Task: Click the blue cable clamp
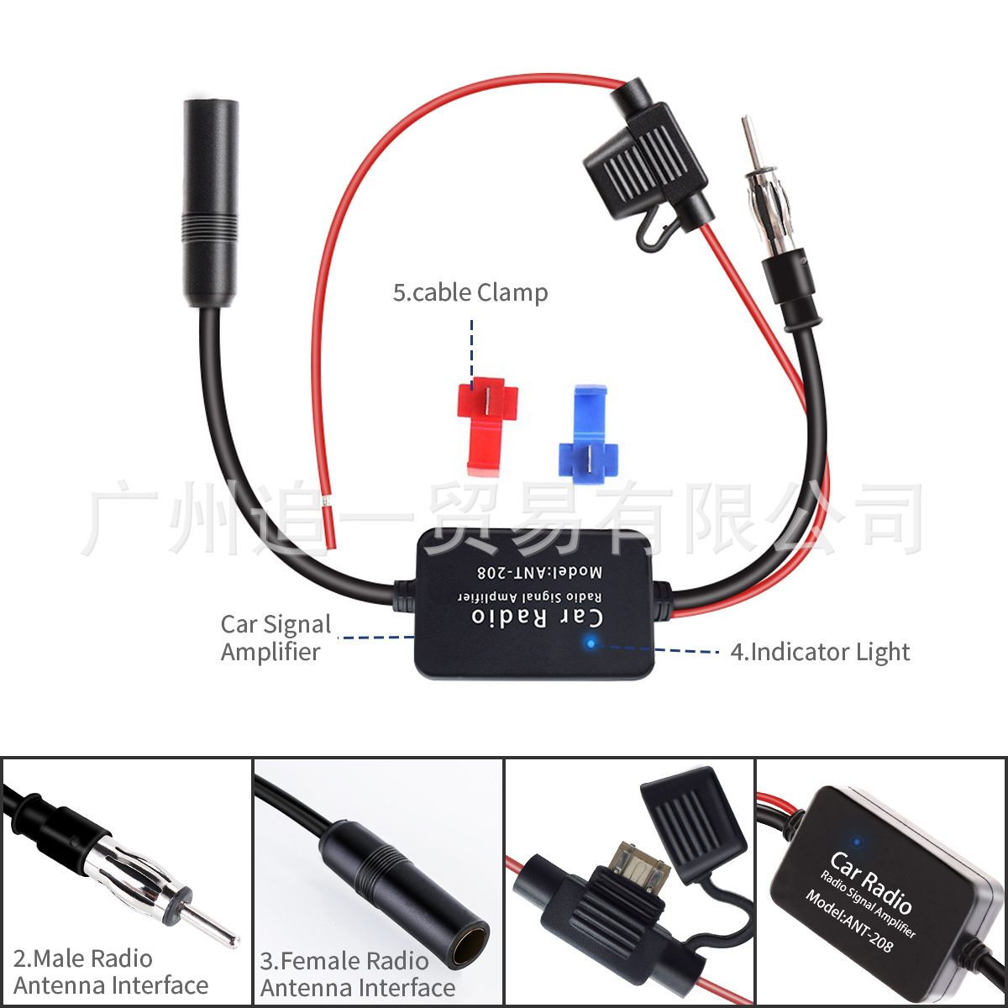pos(587,433)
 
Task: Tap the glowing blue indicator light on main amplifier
pos(591,643)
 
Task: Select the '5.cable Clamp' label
pos(470,293)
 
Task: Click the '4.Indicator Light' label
pos(820,652)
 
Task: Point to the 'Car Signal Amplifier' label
pos(275,638)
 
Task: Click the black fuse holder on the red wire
pos(644,159)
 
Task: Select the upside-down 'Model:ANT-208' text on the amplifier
pos(539,572)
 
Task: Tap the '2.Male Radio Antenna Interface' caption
pos(110,972)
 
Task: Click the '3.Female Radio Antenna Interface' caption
pos(358,974)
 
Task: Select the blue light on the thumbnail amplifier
pos(856,840)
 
